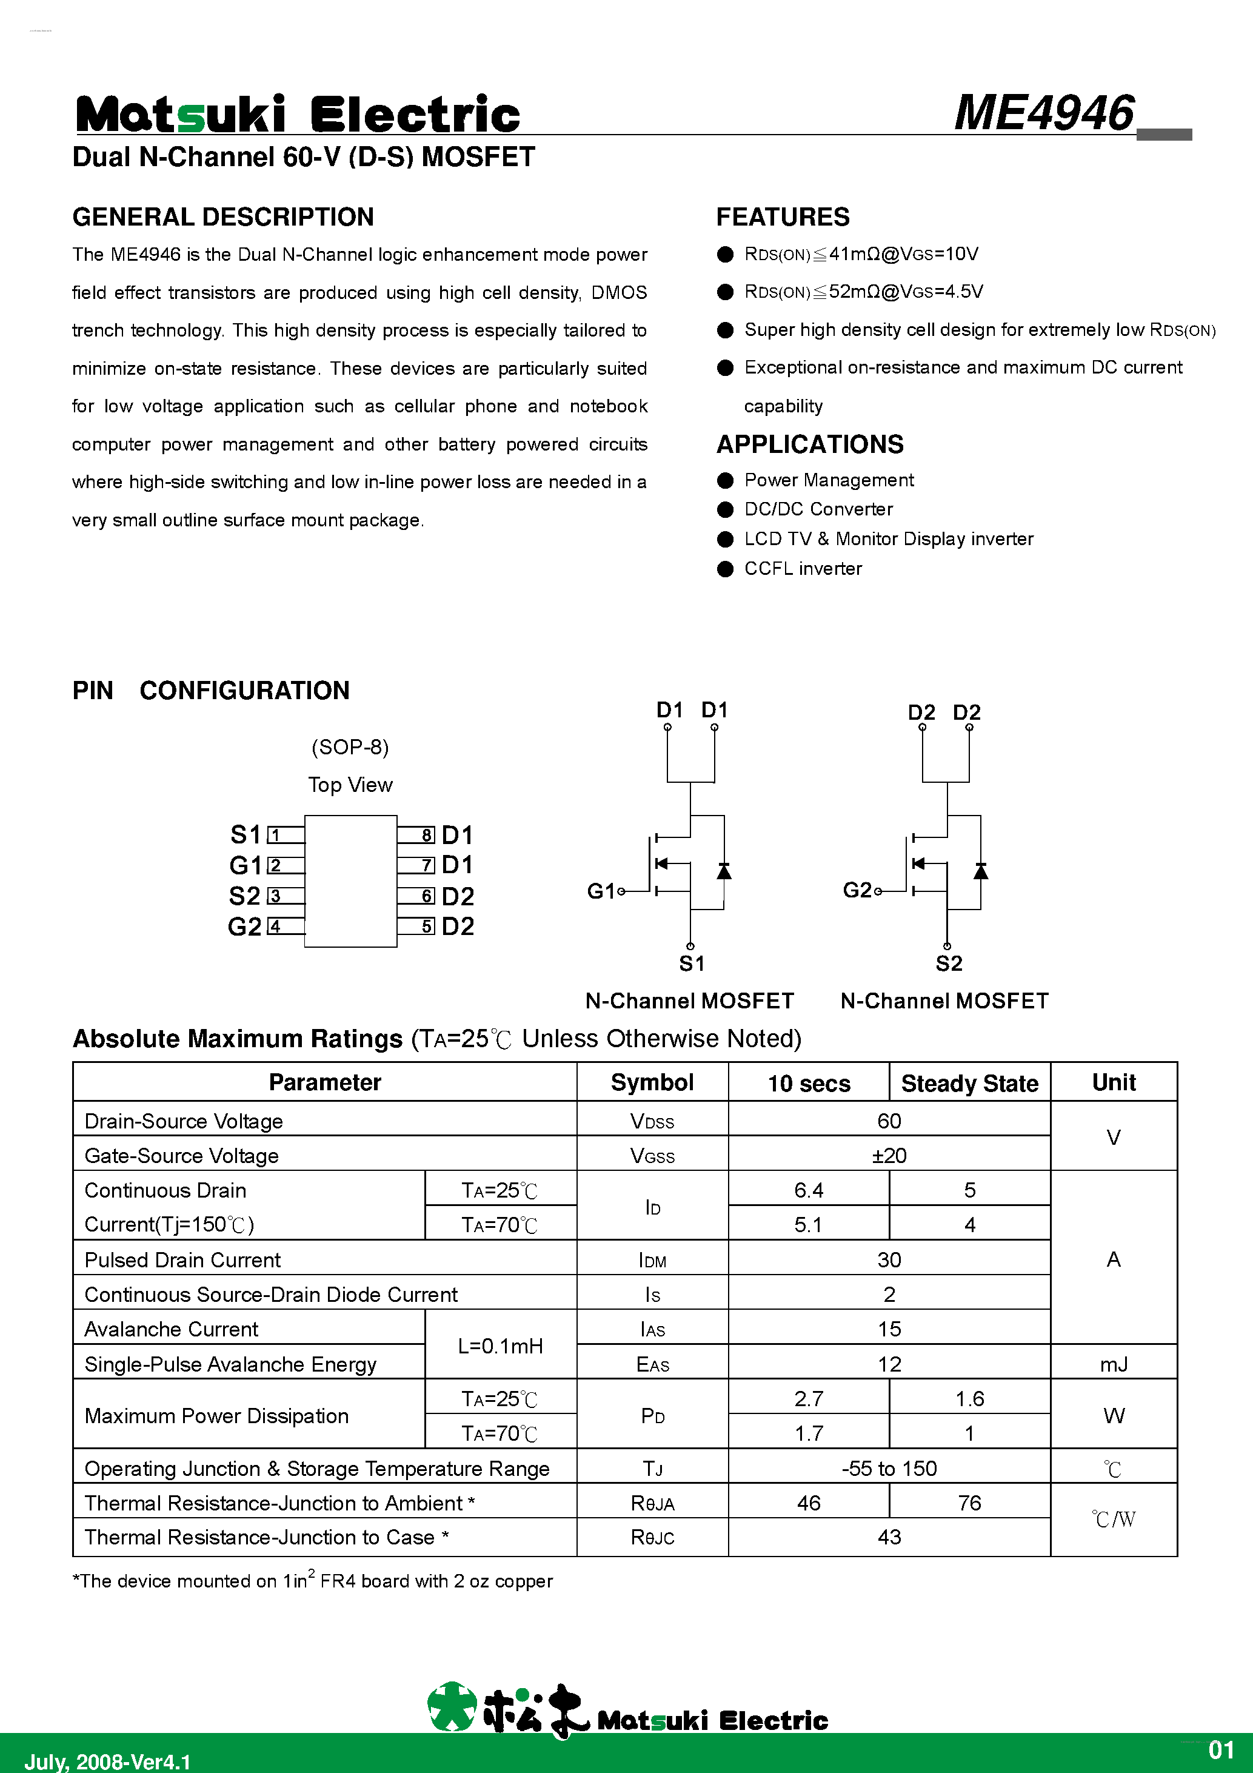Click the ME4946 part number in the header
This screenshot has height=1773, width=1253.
1044,113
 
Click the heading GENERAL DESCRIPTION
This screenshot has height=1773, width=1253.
223,217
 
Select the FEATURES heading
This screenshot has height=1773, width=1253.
782,217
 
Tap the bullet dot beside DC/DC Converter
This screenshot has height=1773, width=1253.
725,510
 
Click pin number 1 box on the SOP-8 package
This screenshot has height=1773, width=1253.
275,835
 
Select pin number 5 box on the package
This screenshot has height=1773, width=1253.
427,926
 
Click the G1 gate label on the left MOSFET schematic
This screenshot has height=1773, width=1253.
601,891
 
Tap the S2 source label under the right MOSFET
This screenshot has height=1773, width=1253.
949,964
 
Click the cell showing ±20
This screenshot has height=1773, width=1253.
889,1156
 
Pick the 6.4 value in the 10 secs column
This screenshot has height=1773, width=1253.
808,1190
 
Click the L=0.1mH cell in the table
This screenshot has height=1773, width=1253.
500,1346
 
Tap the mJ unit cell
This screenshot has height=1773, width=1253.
1113,1364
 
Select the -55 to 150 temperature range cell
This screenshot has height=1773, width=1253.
889,1468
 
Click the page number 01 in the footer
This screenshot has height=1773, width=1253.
1221,1749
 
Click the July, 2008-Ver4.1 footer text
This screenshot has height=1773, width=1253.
107,1761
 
